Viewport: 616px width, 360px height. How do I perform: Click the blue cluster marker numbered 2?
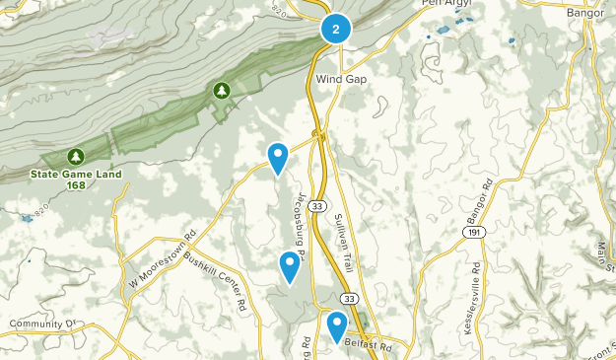click(x=336, y=30)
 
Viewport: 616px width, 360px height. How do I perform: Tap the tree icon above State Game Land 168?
click(x=76, y=157)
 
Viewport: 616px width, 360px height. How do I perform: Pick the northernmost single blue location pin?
click(x=279, y=156)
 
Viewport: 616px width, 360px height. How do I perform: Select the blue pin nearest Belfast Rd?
click(x=337, y=324)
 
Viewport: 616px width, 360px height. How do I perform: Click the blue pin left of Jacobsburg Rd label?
click(x=289, y=265)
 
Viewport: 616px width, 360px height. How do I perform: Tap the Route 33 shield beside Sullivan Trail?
click(x=315, y=206)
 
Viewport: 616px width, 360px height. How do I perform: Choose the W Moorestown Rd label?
click(x=164, y=259)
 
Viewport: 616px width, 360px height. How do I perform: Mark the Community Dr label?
click(x=41, y=324)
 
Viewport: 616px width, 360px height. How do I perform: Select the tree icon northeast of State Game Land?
click(x=222, y=91)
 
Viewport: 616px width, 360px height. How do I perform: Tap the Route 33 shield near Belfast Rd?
click(x=352, y=297)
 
